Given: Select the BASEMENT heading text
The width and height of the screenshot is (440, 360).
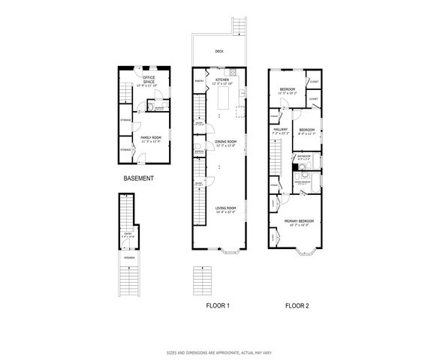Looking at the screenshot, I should (x=139, y=178).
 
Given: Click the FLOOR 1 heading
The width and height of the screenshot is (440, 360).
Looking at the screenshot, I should (x=217, y=306).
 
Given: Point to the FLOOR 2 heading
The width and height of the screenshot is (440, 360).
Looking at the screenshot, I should (x=297, y=306).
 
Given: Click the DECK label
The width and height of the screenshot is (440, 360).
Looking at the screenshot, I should (x=219, y=52).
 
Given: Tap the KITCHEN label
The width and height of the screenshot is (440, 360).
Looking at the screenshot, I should (x=222, y=79).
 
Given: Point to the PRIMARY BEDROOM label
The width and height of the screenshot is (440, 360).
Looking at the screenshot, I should (x=300, y=221).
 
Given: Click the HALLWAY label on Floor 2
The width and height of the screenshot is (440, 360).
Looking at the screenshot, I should (x=280, y=130).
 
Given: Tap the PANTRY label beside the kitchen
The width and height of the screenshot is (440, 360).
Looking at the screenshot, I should (x=200, y=80).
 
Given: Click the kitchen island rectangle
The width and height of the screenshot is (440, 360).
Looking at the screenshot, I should (x=222, y=97).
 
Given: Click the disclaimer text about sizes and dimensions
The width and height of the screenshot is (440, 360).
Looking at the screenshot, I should (x=219, y=352).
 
